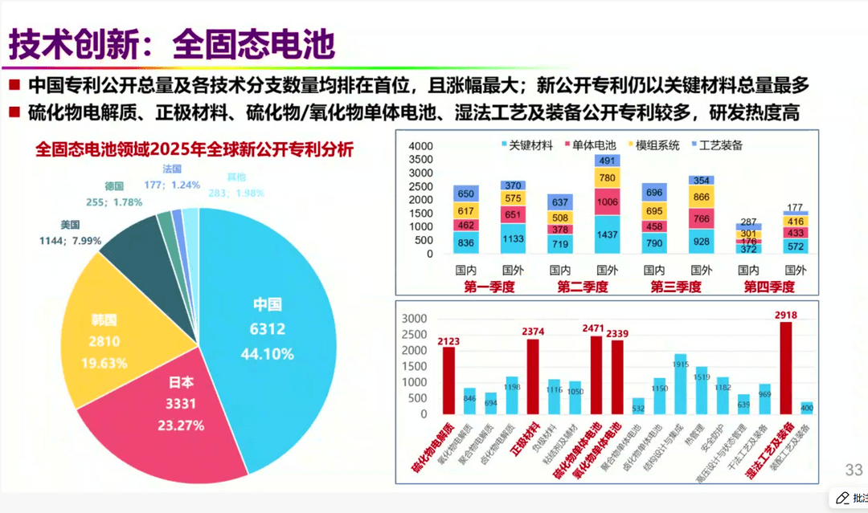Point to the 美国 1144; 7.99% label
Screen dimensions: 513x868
tap(71, 233)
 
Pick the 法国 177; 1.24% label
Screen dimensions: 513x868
tap(171, 177)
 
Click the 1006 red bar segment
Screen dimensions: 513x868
tap(608, 202)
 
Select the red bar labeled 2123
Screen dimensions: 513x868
tap(448, 381)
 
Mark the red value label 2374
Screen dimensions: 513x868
tap(532, 331)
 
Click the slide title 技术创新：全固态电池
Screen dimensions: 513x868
tap(171, 45)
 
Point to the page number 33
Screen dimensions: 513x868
tap(852, 470)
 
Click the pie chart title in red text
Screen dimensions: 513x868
tap(194, 150)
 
